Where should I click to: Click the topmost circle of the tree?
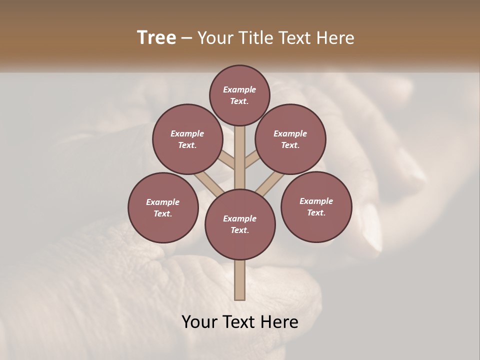click(x=239, y=95)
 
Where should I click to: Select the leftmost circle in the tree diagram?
click(x=163, y=207)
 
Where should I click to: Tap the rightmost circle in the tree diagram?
click(x=316, y=206)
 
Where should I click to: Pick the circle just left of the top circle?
click(x=187, y=139)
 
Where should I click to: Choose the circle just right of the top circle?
click(x=290, y=139)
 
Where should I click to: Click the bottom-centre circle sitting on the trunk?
click(x=240, y=224)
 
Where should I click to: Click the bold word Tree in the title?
click(x=156, y=37)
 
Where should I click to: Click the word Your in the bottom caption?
click(x=200, y=321)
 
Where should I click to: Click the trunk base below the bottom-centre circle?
click(x=240, y=280)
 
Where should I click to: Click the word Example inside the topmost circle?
click(x=239, y=89)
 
